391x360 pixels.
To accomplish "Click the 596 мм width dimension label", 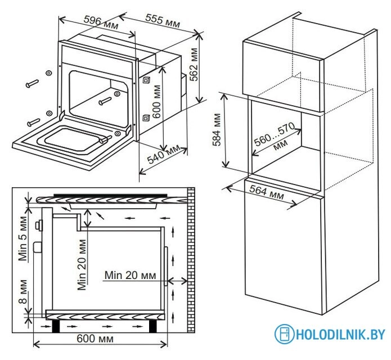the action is [x=101, y=22].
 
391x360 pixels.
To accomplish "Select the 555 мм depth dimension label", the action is [x=163, y=21].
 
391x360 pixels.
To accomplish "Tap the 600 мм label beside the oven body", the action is [x=156, y=102].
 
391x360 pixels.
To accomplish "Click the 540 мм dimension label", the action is [x=163, y=154].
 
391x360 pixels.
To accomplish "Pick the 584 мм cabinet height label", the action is [x=217, y=129].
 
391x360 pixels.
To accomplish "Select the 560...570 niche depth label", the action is [x=275, y=136].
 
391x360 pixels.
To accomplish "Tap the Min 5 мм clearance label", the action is [x=23, y=238].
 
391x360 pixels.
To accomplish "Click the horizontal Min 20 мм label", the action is [x=130, y=275].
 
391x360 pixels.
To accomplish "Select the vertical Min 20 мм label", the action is [x=82, y=265].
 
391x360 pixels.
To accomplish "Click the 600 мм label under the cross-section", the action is [x=95, y=339].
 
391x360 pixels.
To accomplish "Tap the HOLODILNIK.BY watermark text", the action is [x=340, y=334].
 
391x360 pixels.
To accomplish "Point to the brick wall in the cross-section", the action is [x=191, y=260].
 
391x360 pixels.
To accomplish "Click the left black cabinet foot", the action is [x=56, y=326].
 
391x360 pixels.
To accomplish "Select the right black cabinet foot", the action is [x=153, y=326].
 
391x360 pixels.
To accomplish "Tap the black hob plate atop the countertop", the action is [x=110, y=195].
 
